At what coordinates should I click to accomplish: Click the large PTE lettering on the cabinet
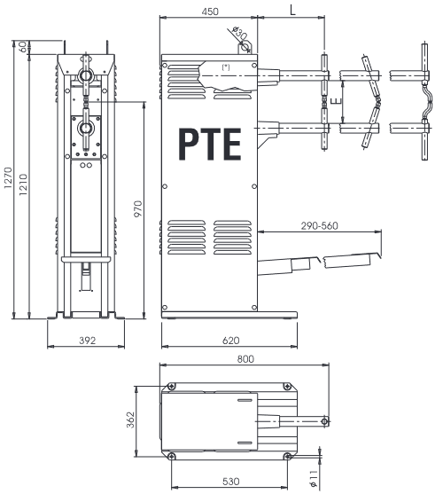[x=210, y=145]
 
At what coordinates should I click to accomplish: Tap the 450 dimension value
[x=210, y=12]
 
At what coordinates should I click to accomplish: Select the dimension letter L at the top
[x=292, y=11]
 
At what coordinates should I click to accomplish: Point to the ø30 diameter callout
[x=239, y=33]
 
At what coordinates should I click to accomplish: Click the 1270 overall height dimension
[x=8, y=178]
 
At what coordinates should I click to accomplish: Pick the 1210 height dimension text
[x=23, y=184]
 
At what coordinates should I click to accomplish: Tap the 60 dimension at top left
[x=23, y=47]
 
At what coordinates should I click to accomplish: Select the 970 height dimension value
[x=138, y=208]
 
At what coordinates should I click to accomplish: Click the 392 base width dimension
[x=87, y=341]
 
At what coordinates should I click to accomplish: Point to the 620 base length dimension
[x=230, y=341]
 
